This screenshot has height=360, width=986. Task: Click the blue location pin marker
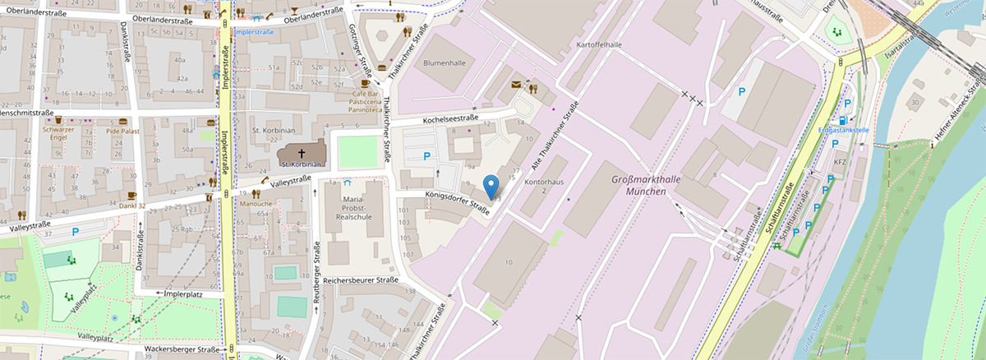coord(491,187)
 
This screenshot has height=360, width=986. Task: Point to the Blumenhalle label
coord(445,62)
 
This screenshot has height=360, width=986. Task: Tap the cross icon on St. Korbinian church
coord(300,153)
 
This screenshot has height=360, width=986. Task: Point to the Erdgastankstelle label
coord(844,130)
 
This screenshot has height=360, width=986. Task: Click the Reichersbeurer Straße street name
coord(361,280)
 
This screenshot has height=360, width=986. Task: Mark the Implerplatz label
coord(183,293)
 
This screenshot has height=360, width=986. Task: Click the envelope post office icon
coord(516,84)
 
